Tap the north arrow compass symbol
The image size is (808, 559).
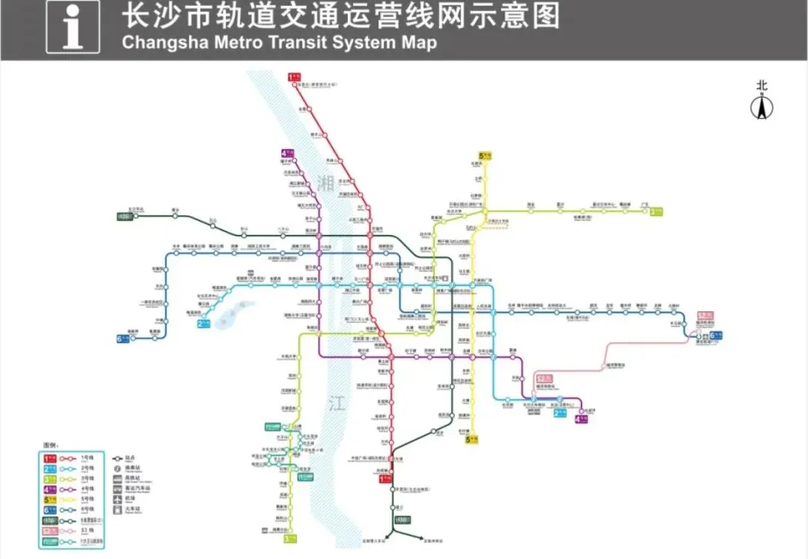[x=762, y=109]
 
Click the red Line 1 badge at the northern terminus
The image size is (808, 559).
[x=294, y=76]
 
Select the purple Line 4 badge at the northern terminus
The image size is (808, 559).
[x=288, y=153]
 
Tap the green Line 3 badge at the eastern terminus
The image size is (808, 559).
[x=656, y=211]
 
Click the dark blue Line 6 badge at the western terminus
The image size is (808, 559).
[x=123, y=339]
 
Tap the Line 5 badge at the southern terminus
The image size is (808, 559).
[x=471, y=440]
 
